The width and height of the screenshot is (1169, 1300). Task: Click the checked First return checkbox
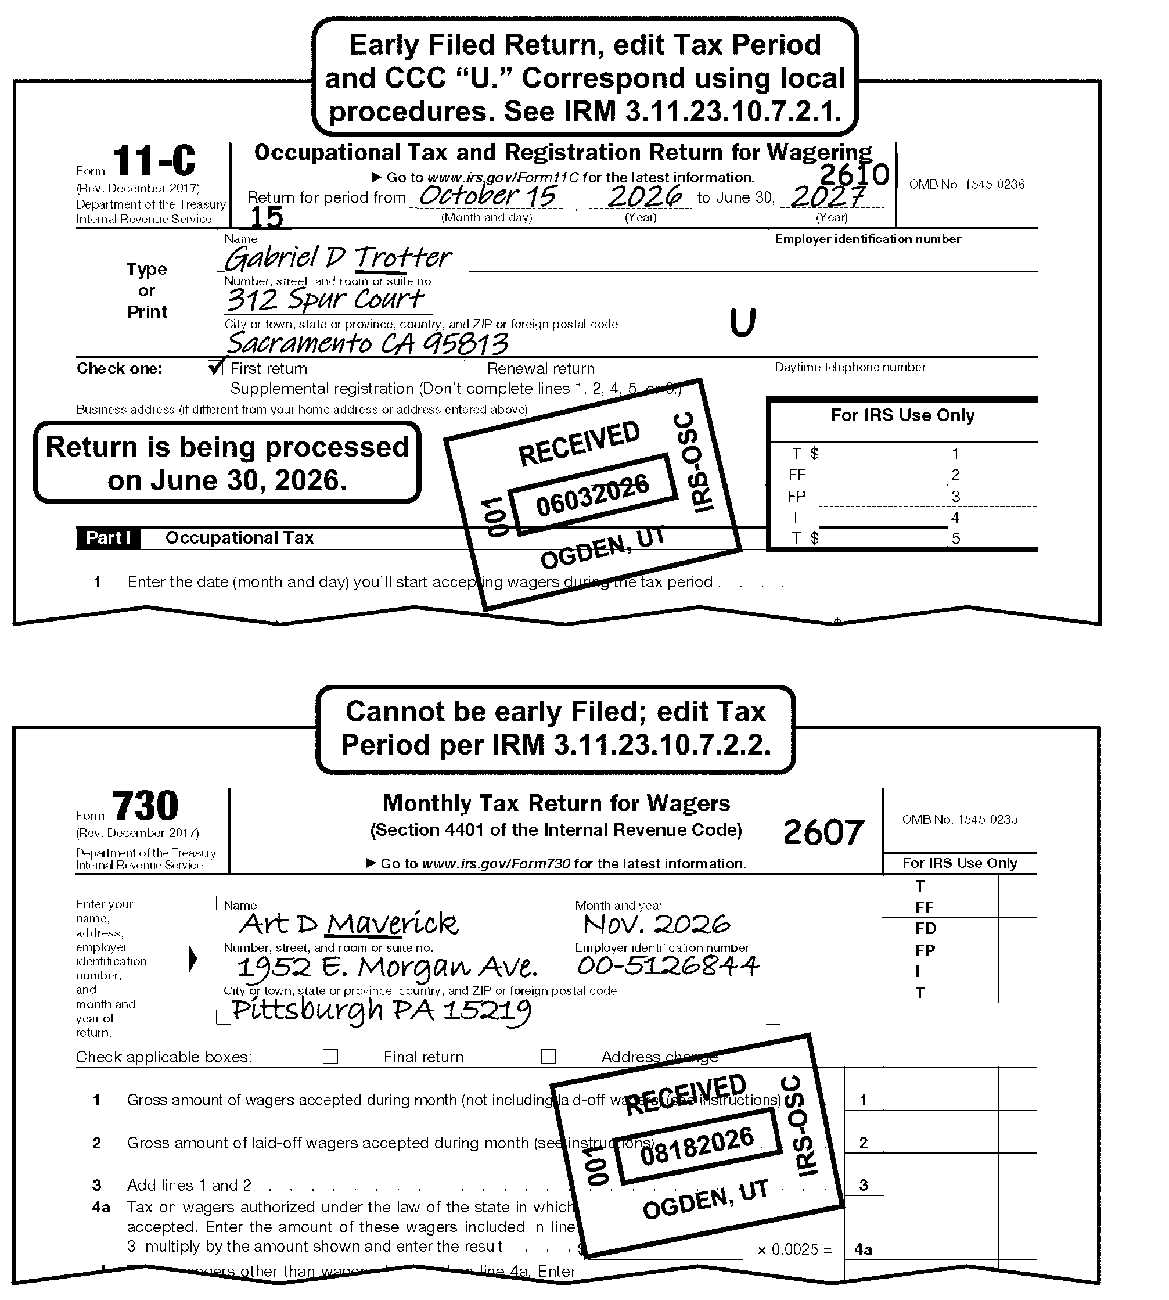[215, 368]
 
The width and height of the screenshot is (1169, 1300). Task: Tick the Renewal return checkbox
[472, 368]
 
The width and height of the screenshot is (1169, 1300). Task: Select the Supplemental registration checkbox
[215, 389]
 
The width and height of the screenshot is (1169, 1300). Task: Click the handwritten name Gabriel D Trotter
[338, 258]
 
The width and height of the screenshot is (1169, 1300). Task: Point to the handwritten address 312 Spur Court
[325, 300]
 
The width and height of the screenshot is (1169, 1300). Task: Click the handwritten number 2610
[854, 174]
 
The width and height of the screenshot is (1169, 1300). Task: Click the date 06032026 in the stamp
[592, 495]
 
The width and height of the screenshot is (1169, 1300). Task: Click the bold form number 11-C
[154, 161]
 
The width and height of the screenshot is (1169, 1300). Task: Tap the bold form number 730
[145, 806]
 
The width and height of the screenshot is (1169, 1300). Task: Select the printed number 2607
[823, 833]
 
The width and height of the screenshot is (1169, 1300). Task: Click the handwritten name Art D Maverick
[348, 925]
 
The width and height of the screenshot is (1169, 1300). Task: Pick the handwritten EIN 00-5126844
[668, 966]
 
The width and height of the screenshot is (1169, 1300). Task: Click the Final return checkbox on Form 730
[331, 1057]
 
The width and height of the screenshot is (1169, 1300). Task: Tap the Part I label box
[108, 538]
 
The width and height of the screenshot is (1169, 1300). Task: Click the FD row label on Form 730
[926, 929]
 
